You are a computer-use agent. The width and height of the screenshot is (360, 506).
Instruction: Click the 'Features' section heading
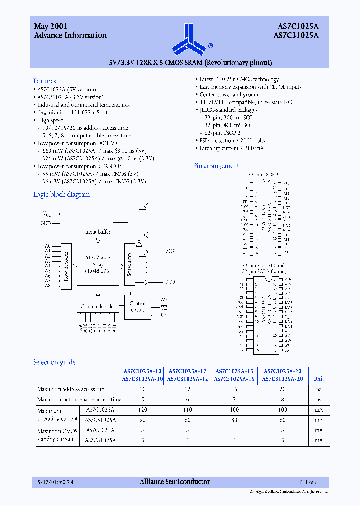(45, 81)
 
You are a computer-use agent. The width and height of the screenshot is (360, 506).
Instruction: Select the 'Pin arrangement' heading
(216, 166)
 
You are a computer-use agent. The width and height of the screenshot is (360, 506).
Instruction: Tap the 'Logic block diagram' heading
(61, 194)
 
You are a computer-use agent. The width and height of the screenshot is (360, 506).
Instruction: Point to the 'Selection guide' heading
(54, 362)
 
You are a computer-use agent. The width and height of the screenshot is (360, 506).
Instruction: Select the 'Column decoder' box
(98, 306)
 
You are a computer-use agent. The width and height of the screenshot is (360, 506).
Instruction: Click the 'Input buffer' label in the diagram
(98, 232)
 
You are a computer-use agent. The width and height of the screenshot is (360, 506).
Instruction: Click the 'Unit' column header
(318, 379)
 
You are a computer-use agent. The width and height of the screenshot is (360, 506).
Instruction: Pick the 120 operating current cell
(143, 410)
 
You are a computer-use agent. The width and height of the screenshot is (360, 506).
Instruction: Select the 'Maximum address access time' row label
(72, 389)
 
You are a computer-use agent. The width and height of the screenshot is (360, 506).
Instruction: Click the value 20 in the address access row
(283, 389)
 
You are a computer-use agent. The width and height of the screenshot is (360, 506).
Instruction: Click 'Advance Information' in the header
(70, 35)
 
